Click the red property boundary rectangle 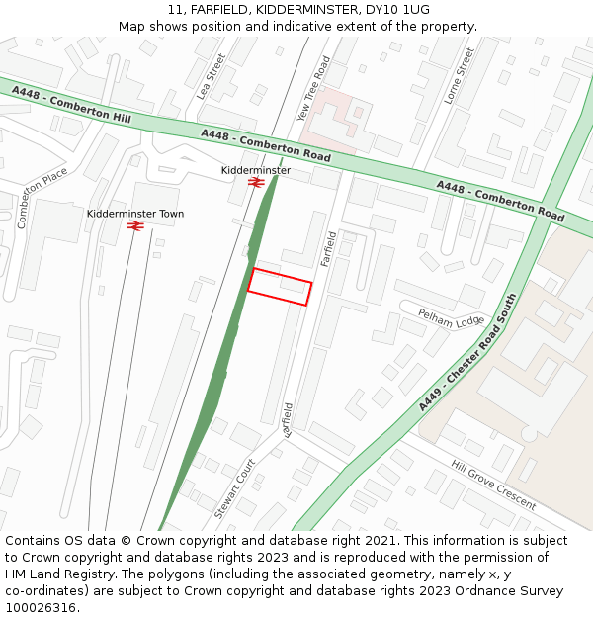click(x=280, y=286)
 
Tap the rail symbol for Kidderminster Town click(x=135, y=226)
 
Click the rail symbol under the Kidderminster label click(x=255, y=183)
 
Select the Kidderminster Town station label click(x=135, y=214)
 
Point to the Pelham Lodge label click(x=452, y=319)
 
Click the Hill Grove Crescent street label click(x=493, y=485)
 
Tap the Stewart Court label click(x=235, y=488)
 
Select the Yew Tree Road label click(x=314, y=89)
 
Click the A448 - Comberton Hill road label click(x=71, y=104)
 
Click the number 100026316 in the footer click(x=42, y=608)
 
